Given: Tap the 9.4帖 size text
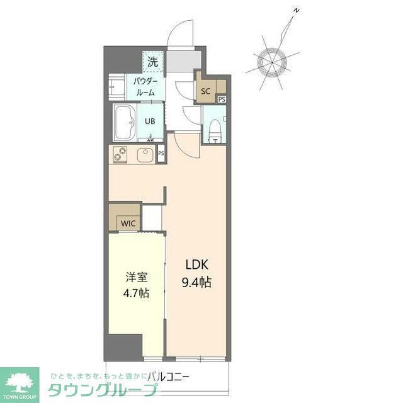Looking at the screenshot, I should (x=196, y=283).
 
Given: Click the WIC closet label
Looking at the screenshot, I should (x=128, y=223).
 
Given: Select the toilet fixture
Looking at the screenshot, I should (x=214, y=128).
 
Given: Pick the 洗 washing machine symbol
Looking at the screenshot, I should (x=152, y=62).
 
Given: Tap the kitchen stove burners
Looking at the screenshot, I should (x=118, y=154).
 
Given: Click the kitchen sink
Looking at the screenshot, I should (x=145, y=154).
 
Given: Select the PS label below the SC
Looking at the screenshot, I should (x=221, y=99).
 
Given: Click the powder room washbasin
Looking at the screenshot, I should (x=117, y=87).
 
